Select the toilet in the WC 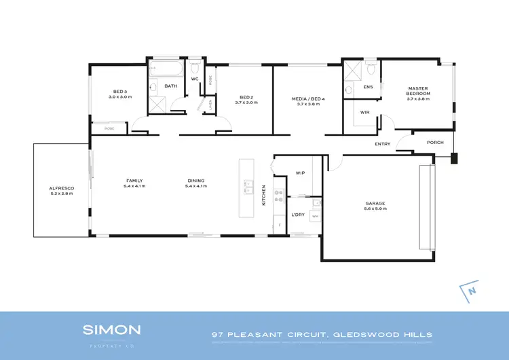195,68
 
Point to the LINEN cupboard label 210,105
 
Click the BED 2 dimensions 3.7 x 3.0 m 246,103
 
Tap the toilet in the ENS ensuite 370,69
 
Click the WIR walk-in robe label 364,112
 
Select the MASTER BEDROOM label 416,90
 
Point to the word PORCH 434,143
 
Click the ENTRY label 383,144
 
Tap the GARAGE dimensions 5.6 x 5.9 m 375,209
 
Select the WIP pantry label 301,173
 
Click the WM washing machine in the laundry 314,216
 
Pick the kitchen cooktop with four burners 278,196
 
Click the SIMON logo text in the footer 112,330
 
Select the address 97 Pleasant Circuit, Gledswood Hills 321,334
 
